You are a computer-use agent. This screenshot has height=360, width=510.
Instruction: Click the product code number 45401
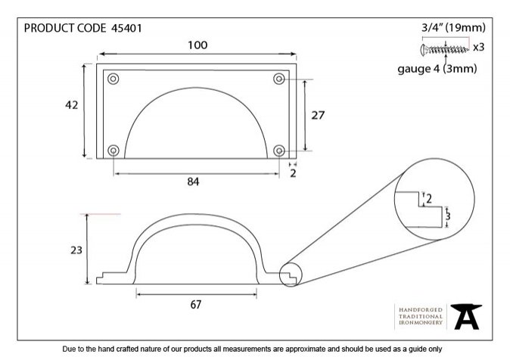[x=126, y=28]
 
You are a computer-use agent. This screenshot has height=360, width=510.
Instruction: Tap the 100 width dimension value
[x=197, y=45]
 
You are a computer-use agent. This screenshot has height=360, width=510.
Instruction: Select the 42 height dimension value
[x=72, y=105]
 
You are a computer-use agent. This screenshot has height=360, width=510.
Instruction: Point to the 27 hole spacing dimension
[x=318, y=115]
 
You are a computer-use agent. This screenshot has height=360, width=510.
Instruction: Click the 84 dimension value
[x=193, y=182]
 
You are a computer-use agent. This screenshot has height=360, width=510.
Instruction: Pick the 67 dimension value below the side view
[x=195, y=305]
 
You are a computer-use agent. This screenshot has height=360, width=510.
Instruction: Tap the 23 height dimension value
[x=76, y=250]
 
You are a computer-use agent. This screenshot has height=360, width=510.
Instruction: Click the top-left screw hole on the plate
[x=114, y=79]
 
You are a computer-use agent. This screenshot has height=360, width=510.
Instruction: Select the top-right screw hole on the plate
[x=279, y=79]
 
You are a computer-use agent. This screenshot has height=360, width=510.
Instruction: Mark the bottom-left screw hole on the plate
[x=114, y=151]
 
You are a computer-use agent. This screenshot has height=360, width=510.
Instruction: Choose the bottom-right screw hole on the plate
[x=279, y=151]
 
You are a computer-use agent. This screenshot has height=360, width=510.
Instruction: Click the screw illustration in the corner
[x=445, y=50]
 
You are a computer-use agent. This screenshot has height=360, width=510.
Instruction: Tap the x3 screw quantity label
[x=478, y=48]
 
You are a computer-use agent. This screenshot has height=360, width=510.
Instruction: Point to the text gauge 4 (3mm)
[x=437, y=69]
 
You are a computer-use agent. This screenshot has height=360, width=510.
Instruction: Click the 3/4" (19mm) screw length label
[x=453, y=28]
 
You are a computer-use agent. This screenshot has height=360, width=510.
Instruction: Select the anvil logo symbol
[x=466, y=316]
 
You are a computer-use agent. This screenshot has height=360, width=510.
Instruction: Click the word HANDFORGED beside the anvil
[x=421, y=310]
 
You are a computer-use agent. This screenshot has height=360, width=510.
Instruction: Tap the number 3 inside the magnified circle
[x=448, y=216]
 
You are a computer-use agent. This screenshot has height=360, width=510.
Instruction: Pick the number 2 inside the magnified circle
[x=429, y=199]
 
